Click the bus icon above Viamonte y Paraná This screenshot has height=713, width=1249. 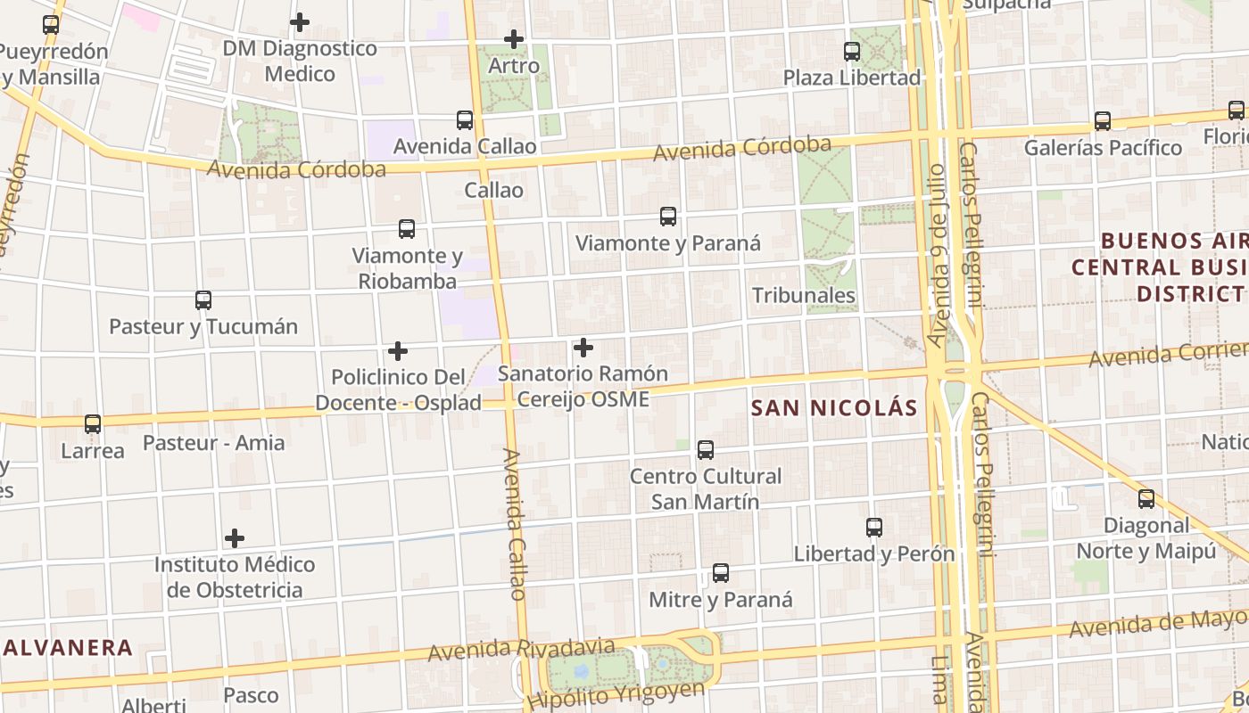coord(667,216)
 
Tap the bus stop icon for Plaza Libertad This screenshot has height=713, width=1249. coord(852,51)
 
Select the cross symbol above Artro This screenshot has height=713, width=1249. coord(514,39)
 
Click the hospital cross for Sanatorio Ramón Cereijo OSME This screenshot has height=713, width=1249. coord(583,347)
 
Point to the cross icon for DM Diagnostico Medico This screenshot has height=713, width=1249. coord(300,21)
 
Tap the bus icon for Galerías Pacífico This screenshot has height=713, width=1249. coord(1103,120)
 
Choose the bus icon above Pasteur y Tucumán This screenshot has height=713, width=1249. coord(203,300)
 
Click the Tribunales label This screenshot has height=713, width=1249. coord(803,295)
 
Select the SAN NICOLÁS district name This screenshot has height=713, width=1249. coord(833,408)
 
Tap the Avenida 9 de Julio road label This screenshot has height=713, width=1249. coord(935,254)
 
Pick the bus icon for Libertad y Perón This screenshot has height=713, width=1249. coord(874,527)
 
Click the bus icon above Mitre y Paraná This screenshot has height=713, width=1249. coord(720,573)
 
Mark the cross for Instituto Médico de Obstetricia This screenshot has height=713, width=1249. coord(235,538)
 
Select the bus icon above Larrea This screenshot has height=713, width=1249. coord(93,424)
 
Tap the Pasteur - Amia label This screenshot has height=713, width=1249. coord(214,443)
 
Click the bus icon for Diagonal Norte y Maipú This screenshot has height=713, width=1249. coord(1146,499)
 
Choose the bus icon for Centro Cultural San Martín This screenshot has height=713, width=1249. coord(706,450)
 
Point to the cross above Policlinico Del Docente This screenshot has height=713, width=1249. coord(398,351)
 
